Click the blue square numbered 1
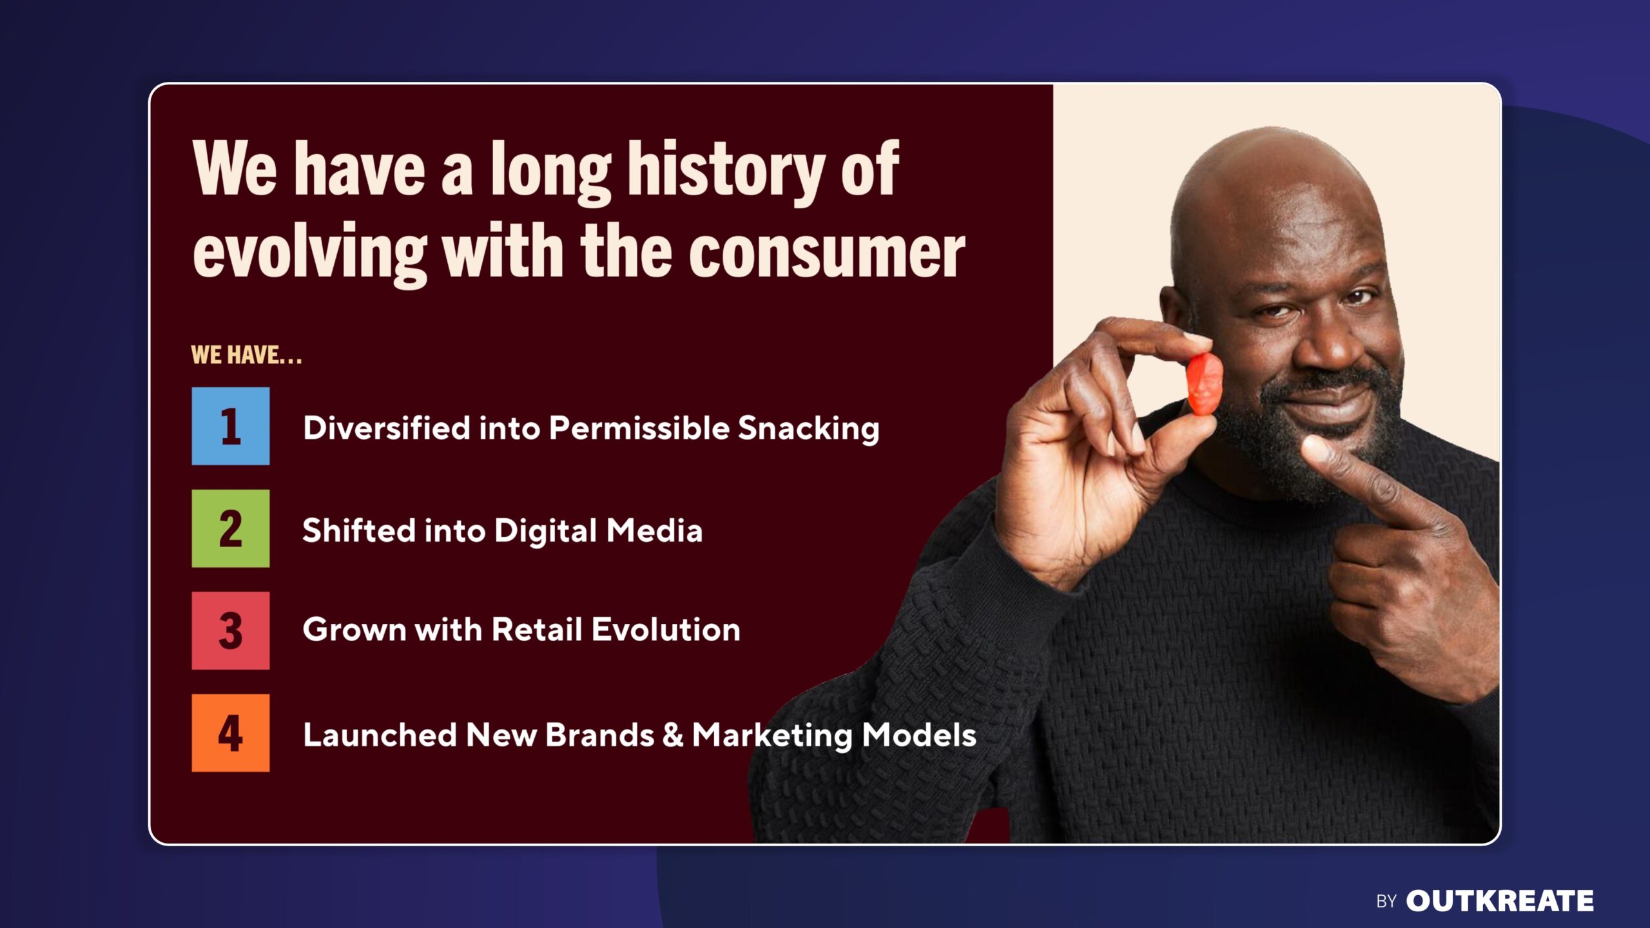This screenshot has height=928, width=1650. coord(230,426)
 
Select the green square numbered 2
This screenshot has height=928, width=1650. coord(230,528)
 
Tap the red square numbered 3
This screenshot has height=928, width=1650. coord(230,630)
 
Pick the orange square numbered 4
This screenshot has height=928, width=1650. coord(230,733)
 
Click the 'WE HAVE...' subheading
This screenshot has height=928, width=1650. coord(246,355)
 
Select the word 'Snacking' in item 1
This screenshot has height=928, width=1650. coord(808,429)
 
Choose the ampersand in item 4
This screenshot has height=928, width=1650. coord(673,735)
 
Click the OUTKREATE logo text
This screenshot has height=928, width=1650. coord(1499,901)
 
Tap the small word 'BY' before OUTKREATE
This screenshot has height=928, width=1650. coord(1386,902)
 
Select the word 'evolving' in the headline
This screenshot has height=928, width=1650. coord(310,253)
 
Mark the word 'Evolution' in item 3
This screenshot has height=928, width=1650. coord(666,629)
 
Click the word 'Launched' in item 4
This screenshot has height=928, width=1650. coord(380,735)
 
